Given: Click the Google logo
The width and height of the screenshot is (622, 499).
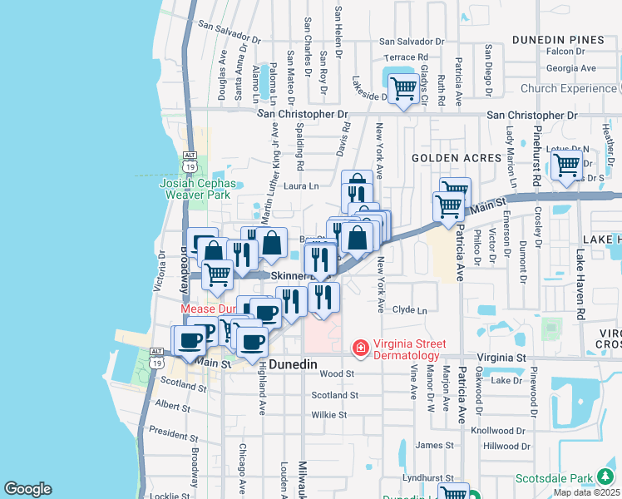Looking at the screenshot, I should point(27,489).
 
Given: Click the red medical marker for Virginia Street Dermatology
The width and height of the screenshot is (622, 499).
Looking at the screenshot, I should point(360,347).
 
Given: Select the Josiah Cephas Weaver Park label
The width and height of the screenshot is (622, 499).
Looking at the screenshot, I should point(198,188).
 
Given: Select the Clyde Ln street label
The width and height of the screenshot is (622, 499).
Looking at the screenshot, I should point(409,310).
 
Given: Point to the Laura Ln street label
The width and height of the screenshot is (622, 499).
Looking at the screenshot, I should point(302,186).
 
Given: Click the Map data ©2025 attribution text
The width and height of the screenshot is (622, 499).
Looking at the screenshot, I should point(586,492).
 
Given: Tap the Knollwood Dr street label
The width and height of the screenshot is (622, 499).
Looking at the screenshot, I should point(498,432).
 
